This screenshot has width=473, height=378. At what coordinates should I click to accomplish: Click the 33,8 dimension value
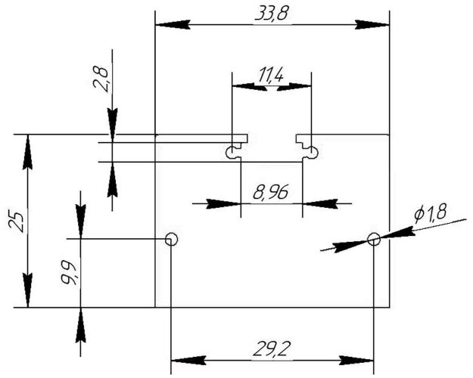point(272,14)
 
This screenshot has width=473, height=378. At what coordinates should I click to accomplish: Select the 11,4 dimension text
point(271,76)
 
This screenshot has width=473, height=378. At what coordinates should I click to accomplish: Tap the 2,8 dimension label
point(101,79)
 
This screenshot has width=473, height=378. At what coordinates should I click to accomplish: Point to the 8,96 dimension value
point(271,192)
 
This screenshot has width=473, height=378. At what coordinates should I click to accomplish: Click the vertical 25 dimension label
point(17,222)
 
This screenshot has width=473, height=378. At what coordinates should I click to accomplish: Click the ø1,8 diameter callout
point(430,213)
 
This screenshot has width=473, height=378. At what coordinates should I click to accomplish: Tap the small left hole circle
point(171,239)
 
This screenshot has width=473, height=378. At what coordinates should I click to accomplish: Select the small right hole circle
point(374,239)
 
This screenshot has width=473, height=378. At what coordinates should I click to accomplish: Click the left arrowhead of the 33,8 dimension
point(173,25)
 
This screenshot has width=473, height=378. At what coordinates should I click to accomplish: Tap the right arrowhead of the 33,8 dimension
point(372,25)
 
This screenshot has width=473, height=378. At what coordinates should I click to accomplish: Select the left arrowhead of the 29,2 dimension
point(188,360)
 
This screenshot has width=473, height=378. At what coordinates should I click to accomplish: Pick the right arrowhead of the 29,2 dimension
point(356,360)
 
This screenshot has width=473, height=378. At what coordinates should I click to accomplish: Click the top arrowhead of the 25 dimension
point(28,152)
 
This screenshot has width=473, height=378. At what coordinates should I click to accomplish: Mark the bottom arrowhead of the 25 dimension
point(28,290)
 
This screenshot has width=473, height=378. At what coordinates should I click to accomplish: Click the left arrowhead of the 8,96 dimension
point(223,204)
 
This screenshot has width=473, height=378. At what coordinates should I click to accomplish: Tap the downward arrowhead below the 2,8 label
point(113,125)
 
